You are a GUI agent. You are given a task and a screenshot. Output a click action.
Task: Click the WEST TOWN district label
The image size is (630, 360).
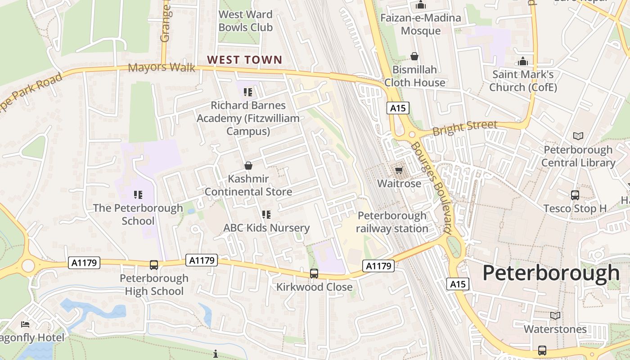(x=245, y=59)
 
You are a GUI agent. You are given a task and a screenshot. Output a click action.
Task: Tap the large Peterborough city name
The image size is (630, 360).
(x=551, y=273)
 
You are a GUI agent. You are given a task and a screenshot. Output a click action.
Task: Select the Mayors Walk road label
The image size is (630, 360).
(x=162, y=68)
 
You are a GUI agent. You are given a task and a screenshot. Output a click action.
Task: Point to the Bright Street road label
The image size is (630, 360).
(x=465, y=127)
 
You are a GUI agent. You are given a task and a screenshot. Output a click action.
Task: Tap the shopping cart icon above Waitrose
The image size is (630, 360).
(x=399, y=170)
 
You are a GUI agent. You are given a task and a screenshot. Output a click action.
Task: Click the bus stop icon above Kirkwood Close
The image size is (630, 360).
(x=314, y=273)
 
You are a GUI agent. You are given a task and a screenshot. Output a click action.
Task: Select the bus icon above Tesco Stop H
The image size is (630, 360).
(x=575, y=195)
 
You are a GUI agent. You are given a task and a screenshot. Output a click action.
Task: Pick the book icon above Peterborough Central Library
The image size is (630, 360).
(x=578, y=136)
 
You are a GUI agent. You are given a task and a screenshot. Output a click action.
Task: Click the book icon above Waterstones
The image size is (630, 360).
(x=555, y=315)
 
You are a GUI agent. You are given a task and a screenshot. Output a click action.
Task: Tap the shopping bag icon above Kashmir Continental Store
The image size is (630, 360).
(x=248, y=165)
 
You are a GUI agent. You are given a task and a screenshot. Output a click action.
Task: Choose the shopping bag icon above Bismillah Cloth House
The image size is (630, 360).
(x=414, y=56)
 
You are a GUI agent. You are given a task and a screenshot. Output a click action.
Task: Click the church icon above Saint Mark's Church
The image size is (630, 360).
(x=523, y=61)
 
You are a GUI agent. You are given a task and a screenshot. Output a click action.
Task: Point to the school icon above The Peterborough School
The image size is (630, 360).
(x=138, y=194)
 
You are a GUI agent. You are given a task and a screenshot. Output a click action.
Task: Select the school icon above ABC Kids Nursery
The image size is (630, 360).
(x=266, y=215)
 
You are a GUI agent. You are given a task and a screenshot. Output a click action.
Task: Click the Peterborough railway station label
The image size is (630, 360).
(x=392, y=222)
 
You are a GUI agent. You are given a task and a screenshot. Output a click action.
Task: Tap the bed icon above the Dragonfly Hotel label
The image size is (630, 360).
(x=25, y=324)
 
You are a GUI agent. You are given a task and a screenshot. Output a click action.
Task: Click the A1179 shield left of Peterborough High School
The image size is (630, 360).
(x=84, y=263)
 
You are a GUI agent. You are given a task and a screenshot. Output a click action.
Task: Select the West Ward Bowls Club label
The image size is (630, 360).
(x=245, y=21)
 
